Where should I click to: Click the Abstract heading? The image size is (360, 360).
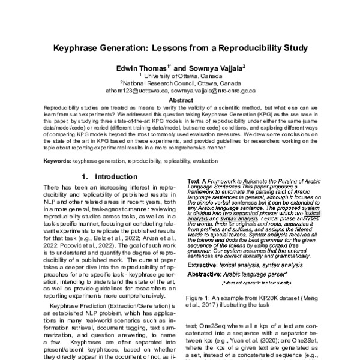click(x=180, y=99)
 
